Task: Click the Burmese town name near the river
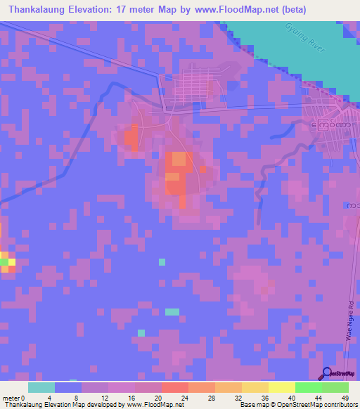click(x=330, y=126)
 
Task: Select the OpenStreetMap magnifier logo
click(x=326, y=373)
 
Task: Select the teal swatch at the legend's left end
click(x=41, y=387)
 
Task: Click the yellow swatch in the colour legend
click(x=281, y=387)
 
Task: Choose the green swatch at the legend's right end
click(x=335, y=387)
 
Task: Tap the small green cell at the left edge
click(x=4, y=261)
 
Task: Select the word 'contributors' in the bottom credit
click(x=340, y=405)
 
